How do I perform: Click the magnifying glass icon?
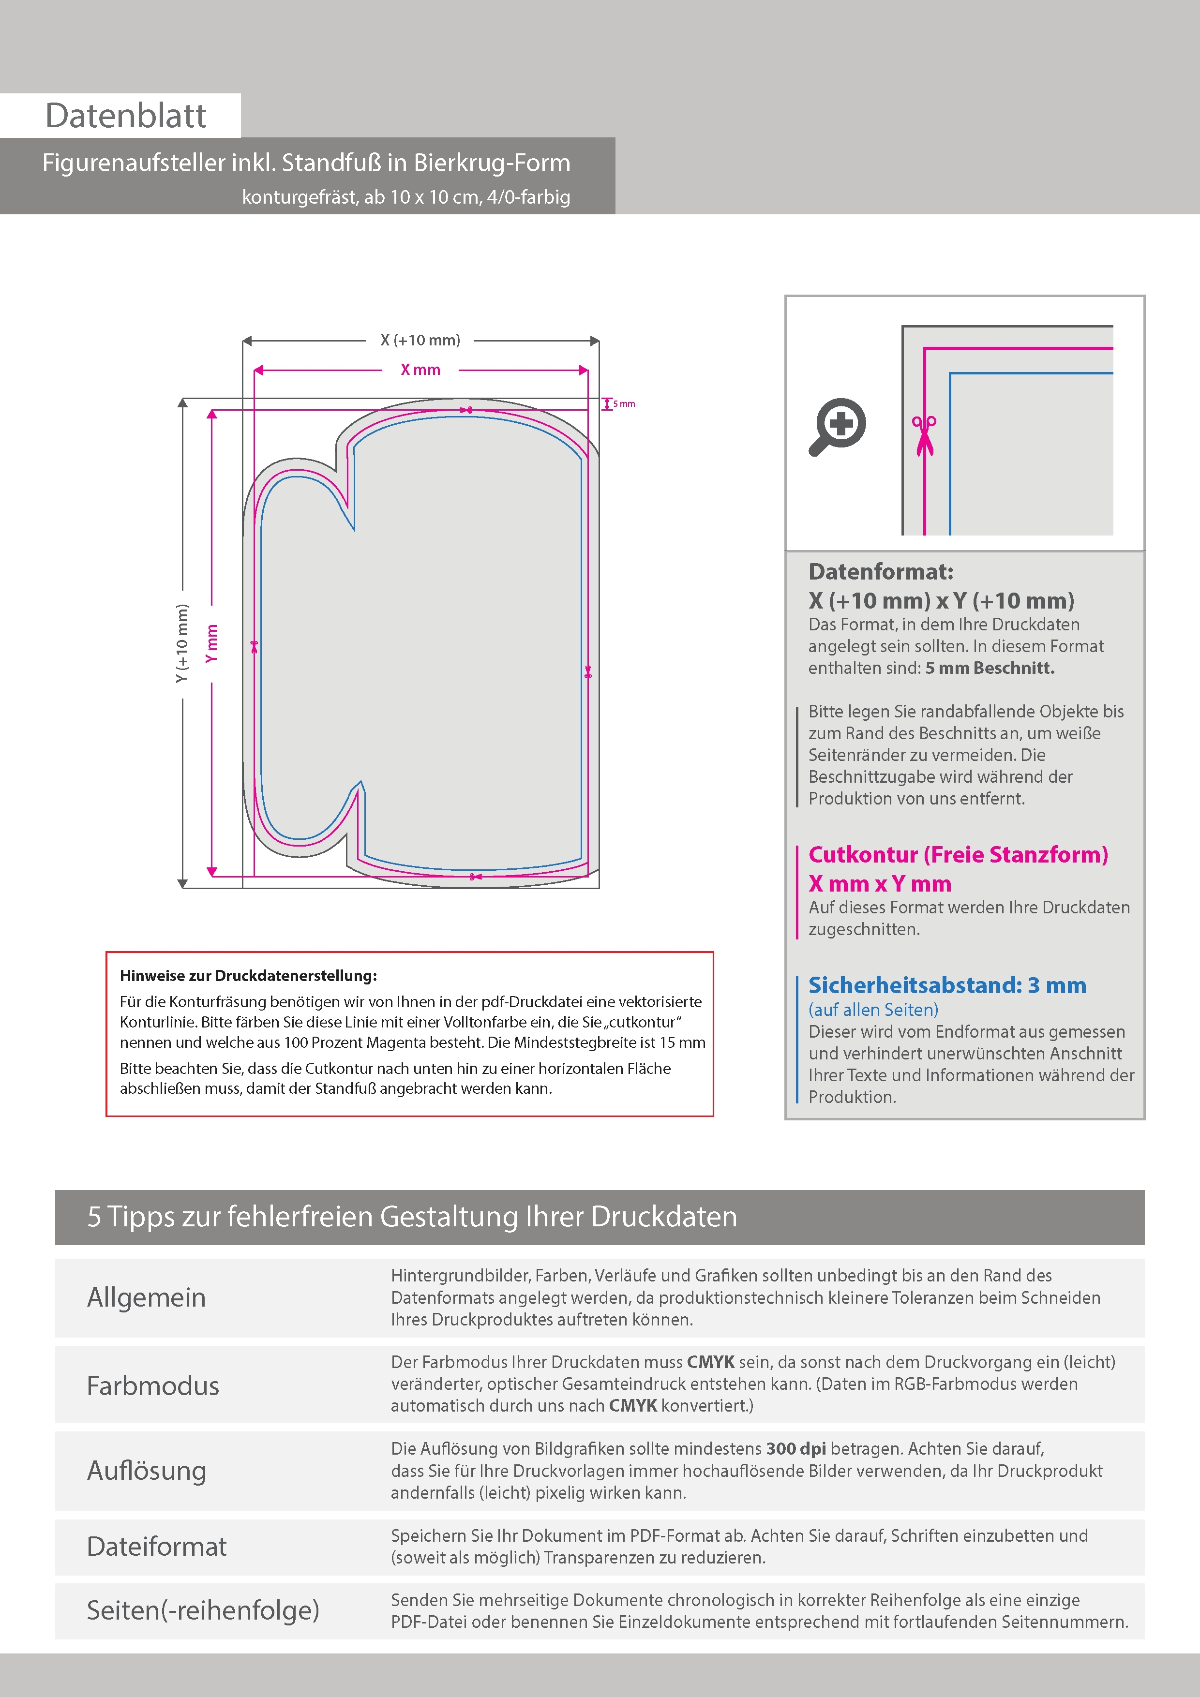[837, 427]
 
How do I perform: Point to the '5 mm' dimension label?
[624, 403]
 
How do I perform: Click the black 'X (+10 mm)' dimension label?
[420, 340]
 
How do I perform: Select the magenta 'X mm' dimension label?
[420, 370]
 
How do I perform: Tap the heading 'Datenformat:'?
[881, 571]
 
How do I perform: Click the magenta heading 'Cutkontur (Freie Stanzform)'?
[958, 854]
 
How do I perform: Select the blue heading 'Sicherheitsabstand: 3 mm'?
[947, 985]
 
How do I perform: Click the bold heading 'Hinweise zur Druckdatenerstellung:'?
[248, 976]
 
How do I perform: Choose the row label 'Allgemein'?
[147, 1297]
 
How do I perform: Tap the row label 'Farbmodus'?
[153, 1385]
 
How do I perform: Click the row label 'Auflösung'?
[147, 1470]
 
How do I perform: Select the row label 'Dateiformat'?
[157, 1546]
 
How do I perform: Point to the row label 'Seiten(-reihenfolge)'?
[203, 1610]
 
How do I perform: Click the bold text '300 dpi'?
[796, 1449]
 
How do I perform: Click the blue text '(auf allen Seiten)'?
[873, 1010]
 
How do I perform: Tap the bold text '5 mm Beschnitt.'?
[990, 668]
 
